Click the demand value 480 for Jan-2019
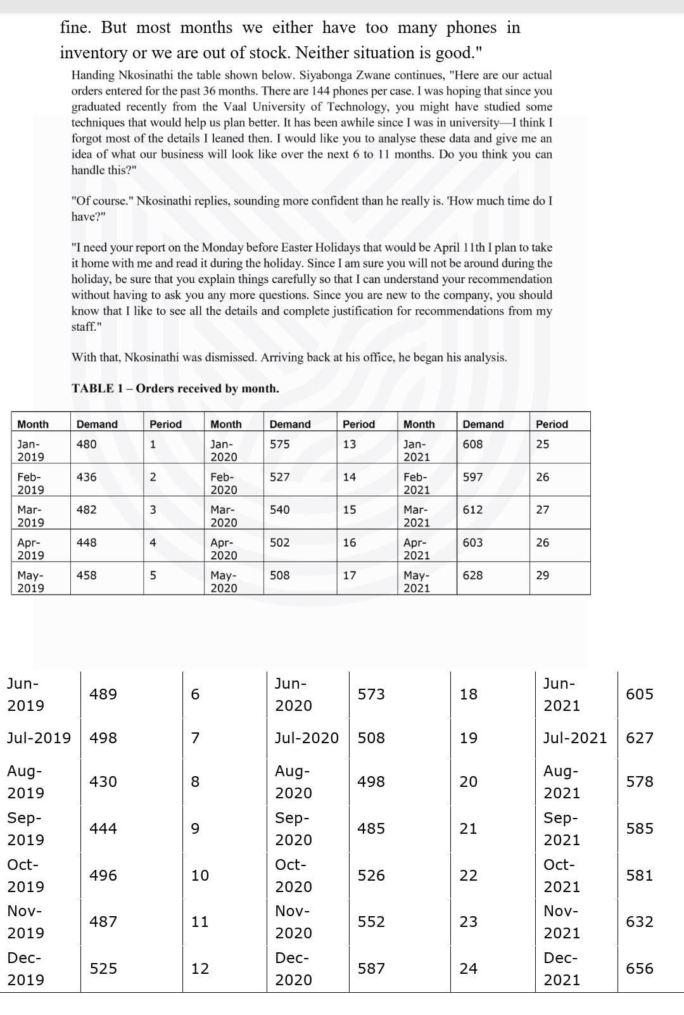pos(87,444)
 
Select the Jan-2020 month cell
pos(224,450)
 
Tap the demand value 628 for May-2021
pos(472,575)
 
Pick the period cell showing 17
pos(350,575)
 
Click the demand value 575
pos(280,444)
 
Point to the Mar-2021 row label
pos(417,516)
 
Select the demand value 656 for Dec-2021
pos(639,968)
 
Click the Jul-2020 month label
pos(307,738)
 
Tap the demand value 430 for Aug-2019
pos(103,782)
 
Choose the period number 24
pos(468,968)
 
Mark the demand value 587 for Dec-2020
pos(370,968)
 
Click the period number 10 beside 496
pos(199,876)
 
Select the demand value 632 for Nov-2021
pos(639,922)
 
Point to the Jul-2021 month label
pos(574,738)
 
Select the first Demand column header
pos(97,425)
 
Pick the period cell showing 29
pos(543,575)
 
